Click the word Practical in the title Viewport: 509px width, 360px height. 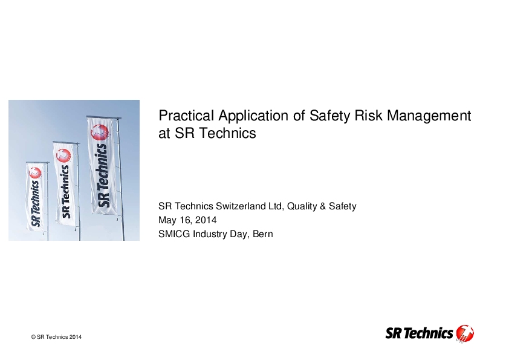pos(186,116)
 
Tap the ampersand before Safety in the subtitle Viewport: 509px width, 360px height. pos(323,206)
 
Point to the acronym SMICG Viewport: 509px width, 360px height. pos(174,234)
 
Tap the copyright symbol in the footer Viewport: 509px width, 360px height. pos(33,337)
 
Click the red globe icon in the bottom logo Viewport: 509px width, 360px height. pos(465,333)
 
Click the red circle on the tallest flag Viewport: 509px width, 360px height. pos(100,133)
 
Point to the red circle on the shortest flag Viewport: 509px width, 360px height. pos(35,173)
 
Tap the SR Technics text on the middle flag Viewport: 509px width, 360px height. pos(65,192)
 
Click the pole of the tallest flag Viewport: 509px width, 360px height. pos(120,178)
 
